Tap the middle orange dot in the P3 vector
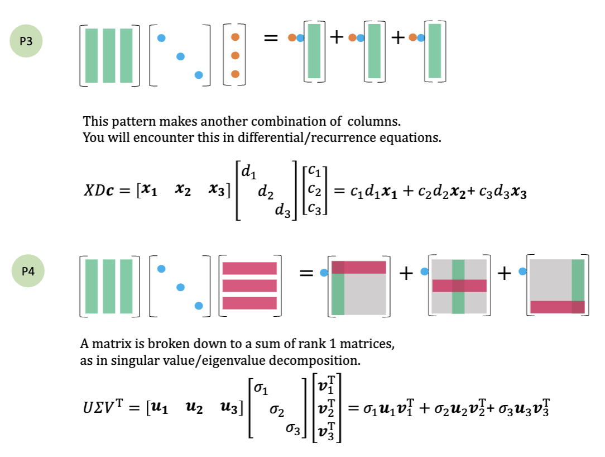click(x=235, y=55)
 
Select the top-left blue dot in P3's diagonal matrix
click(x=161, y=38)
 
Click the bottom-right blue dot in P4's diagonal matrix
click(x=199, y=305)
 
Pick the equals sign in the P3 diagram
click(x=271, y=38)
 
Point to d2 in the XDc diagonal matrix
click(x=265, y=193)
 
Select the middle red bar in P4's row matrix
click(x=249, y=285)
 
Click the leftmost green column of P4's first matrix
click(x=92, y=286)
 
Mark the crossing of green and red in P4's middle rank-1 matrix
click(x=458, y=285)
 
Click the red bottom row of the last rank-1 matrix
click(x=557, y=307)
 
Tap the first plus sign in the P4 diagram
click(x=406, y=273)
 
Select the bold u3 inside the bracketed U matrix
click(x=229, y=408)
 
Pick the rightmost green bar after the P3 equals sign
click(x=435, y=50)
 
